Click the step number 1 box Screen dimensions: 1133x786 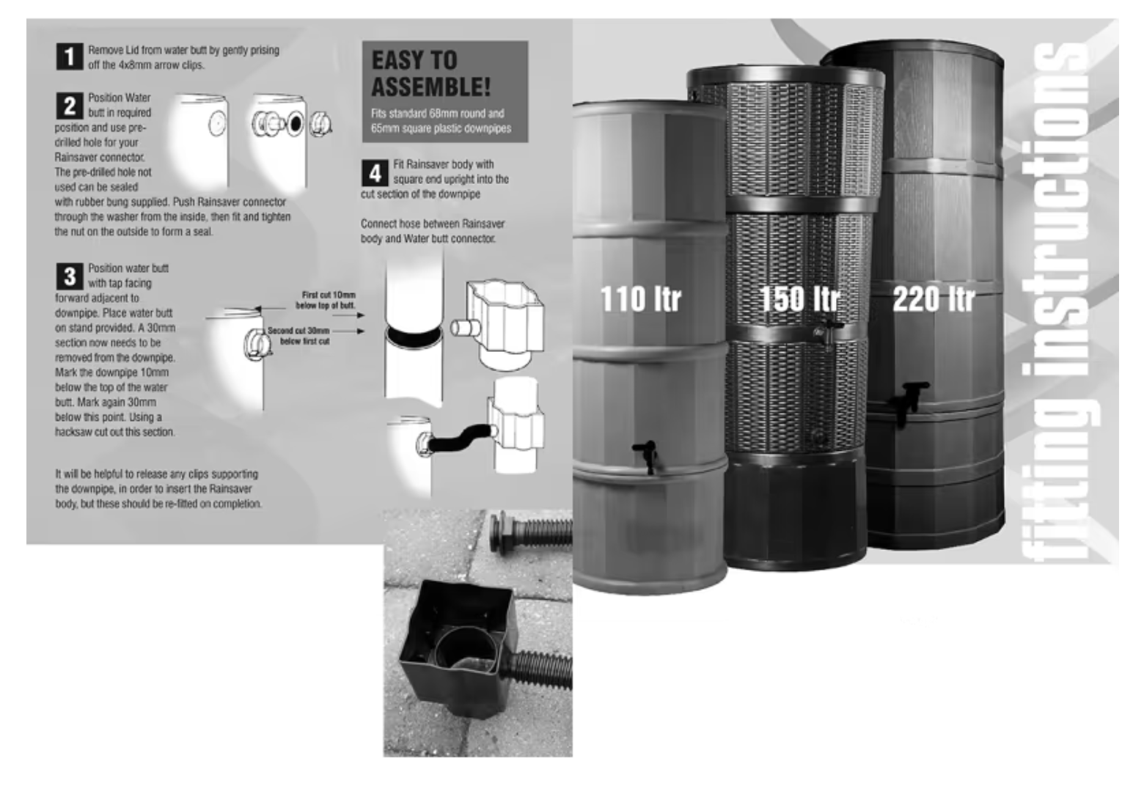[69, 56]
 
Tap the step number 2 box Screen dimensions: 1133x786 [69, 106]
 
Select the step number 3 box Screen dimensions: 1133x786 [69, 276]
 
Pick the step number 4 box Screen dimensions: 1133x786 [375, 173]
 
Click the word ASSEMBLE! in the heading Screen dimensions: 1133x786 [431, 86]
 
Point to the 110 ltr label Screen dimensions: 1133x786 [640, 299]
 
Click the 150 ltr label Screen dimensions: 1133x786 [799, 298]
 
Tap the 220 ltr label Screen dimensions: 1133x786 [934, 299]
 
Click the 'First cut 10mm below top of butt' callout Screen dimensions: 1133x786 [326, 300]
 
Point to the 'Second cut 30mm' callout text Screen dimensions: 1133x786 [299, 330]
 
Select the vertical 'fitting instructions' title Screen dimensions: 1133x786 [1055, 303]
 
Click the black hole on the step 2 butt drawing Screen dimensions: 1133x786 [296, 123]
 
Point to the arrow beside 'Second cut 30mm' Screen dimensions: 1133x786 [348, 331]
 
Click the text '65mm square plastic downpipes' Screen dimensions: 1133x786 [441, 128]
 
